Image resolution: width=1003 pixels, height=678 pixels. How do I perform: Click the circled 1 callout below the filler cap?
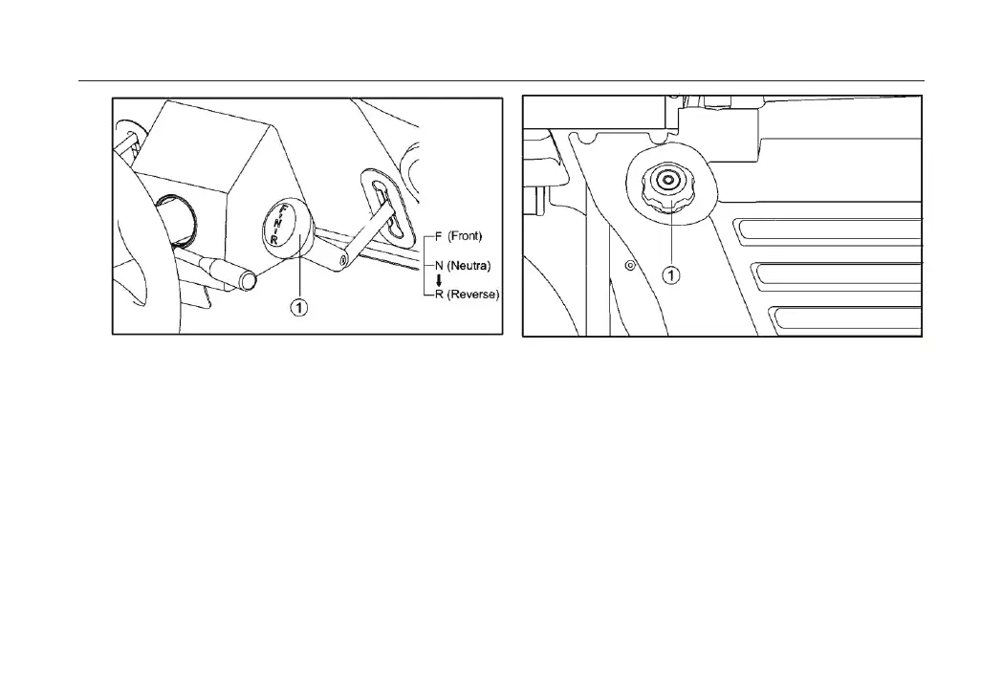[x=672, y=275]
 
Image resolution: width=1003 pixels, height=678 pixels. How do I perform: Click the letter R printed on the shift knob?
[x=275, y=241]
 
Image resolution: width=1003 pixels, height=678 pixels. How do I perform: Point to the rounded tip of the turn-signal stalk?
[x=248, y=281]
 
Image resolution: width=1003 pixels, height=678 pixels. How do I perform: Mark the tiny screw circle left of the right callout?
[x=630, y=265]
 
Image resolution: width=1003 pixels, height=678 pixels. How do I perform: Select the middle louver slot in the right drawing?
[x=837, y=275]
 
